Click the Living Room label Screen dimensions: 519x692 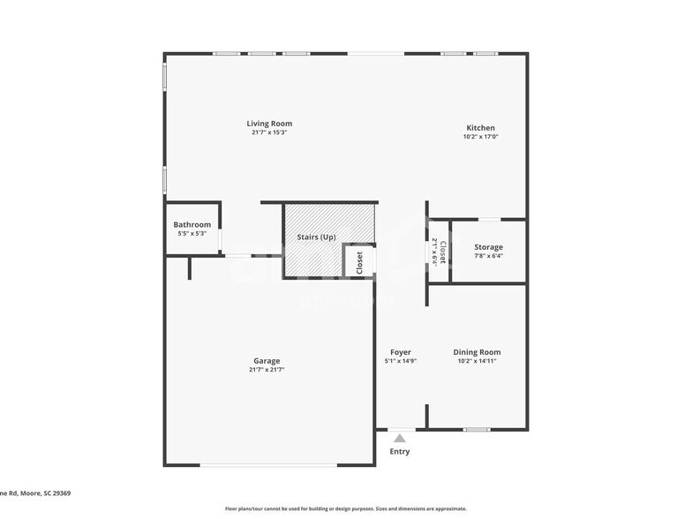pyautogui.click(x=269, y=124)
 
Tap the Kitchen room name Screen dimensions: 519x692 pyautogui.click(x=480, y=128)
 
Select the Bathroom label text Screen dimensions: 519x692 pyautogui.click(x=192, y=225)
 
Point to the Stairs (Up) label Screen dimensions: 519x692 pyautogui.click(x=315, y=237)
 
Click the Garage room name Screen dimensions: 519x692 pyautogui.click(x=267, y=361)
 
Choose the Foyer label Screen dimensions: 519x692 pyautogui.click(x=401, y=352)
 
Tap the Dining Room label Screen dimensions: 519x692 pyautogui.click(x=477, y=352)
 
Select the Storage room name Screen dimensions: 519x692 pyautogui.click(x=488, y=247)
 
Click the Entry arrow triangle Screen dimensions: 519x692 pyautogui.click(x=400, y=437)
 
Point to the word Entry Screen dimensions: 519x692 pyautogui.click(x=400, y=452)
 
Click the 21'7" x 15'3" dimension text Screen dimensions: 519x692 pyautogui.click(x=269, y=132)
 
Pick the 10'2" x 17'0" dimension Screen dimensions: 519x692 pyautogui.click(x=480, y=137)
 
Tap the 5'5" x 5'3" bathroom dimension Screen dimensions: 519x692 pyautogui.click(x=192, y=234)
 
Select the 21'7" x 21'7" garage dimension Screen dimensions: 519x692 pyautogui.click(x=267, y=370)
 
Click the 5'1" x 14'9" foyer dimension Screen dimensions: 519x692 pyautogui.click(x=401, y=361)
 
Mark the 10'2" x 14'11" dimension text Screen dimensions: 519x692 pyautogui.click(x=477, y=361)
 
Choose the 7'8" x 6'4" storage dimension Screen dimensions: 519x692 pyautogui.click(x=488, y=256)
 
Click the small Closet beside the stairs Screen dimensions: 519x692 pyautogui.click(x=359, y=262)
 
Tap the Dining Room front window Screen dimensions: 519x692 pyautogui.click(x=477, y=430)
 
